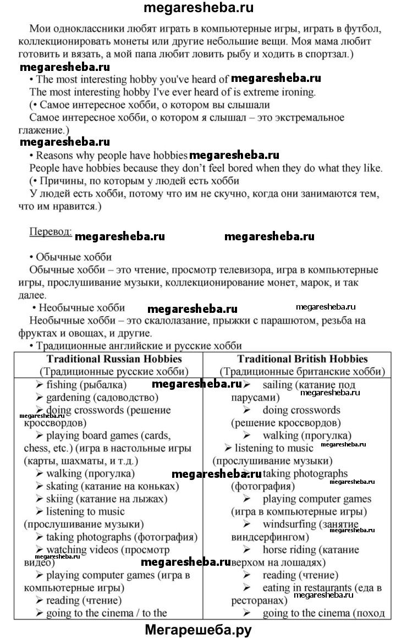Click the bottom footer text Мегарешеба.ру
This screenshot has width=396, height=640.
[x=197, y=630]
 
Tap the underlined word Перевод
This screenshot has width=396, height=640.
[x=50, y=231]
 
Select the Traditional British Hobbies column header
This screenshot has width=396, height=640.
[x=302, y=359]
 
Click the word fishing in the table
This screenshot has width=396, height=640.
[x=62, y=384]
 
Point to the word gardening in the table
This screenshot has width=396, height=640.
[x=68, y=397]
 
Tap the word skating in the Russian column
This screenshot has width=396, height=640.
[x=62, y=486]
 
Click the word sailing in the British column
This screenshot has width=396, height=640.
[x=277, y=385]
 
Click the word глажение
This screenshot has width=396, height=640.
[x=46, y=130]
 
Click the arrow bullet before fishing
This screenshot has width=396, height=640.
[x=40, y=384]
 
